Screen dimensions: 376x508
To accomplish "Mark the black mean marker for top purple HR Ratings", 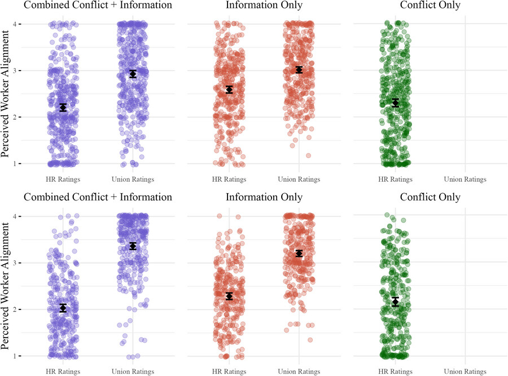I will [63, 107].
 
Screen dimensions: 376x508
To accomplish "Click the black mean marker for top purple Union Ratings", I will [133, 74].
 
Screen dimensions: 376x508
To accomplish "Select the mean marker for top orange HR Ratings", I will [229, 89].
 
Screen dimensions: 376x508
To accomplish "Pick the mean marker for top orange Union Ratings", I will [299, 69].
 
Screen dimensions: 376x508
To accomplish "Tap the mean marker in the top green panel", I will [396, 103].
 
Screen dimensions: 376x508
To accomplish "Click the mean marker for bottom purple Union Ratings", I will [133, 246].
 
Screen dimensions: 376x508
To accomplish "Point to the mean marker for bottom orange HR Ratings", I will [229, 296].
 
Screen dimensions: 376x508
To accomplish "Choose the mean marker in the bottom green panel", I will [396, 302].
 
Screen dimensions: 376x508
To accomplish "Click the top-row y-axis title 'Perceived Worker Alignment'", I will [7, 93].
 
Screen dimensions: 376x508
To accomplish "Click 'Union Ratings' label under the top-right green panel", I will [465, 180].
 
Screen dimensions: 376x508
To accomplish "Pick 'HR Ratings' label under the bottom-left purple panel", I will [63, 371].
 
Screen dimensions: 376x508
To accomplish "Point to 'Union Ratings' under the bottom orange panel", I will [299, 371].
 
